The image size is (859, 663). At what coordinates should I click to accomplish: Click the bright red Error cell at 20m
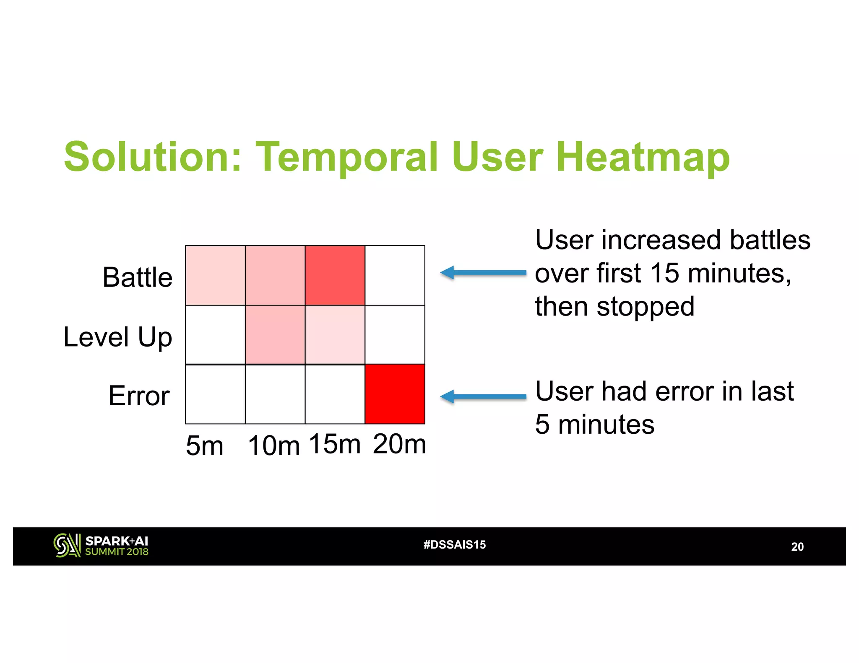pos(395,394)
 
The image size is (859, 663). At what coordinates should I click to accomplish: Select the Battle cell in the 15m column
pos(335,275)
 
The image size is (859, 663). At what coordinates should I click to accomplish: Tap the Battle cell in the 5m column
pos(215,275)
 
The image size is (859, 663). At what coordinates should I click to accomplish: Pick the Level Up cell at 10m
pos(275,335)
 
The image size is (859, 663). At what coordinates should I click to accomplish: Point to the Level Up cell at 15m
pos(335,335)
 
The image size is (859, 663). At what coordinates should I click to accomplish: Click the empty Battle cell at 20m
pos(395,275)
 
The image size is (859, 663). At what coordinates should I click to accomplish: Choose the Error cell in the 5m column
pos(215,394)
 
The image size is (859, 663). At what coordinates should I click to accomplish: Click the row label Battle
pos(137,277)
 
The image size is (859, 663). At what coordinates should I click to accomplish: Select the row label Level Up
pos(117,337)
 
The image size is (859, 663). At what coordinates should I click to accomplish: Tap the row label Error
pos(139,396)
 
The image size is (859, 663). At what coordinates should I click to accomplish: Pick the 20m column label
pos(399,444)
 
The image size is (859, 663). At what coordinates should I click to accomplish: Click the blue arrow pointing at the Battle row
pos(482,273)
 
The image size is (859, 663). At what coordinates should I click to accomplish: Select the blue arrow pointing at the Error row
pos(482,396)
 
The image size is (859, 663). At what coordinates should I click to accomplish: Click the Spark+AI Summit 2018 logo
pos(101,546)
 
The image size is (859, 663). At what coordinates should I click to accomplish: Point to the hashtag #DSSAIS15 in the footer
pos(455,545)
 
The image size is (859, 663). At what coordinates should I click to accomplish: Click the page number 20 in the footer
pos(797,547)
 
